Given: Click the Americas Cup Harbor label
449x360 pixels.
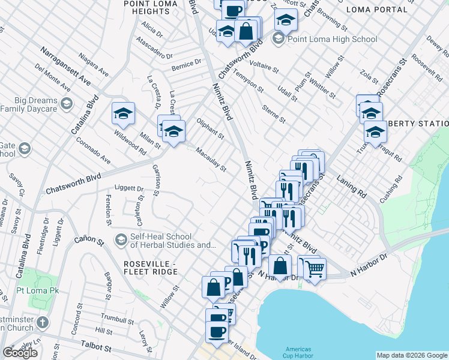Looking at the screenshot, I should click(x=298, y=352).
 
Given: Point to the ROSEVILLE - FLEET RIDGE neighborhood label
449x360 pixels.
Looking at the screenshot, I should click(x=150, y=268).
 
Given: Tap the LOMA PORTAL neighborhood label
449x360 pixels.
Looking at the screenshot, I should click(x=373, y=10).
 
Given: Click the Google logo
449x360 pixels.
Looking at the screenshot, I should click(x=20, y=353).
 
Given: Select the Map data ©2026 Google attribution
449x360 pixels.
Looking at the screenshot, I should click(x=412, y=355).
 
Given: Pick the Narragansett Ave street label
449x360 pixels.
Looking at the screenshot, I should click(x=66, y=67).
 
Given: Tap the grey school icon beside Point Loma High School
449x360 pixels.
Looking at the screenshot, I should click(x=277, y=40).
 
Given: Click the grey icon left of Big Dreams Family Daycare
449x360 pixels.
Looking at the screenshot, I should click(x=66, y=105).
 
